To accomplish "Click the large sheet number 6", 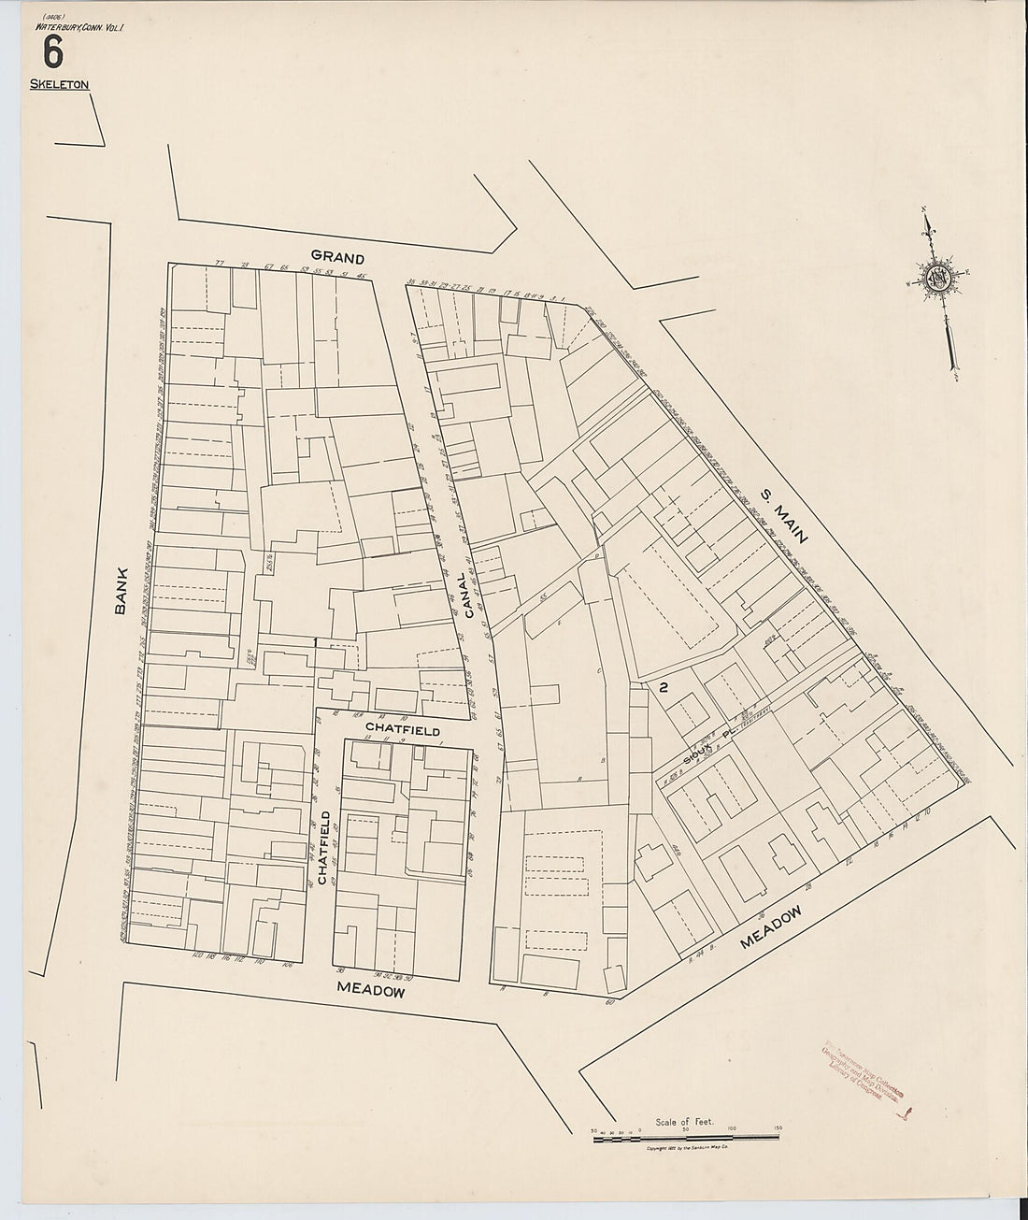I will click(54, 52).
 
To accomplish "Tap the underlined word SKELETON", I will click(59, 84).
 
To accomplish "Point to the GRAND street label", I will click(336, 256).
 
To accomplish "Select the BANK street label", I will click(121, 595).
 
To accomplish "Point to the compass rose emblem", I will click(938, 278).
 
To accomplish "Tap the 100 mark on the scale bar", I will click(732, 1129).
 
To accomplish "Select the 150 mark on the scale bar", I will click(778, 1129).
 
